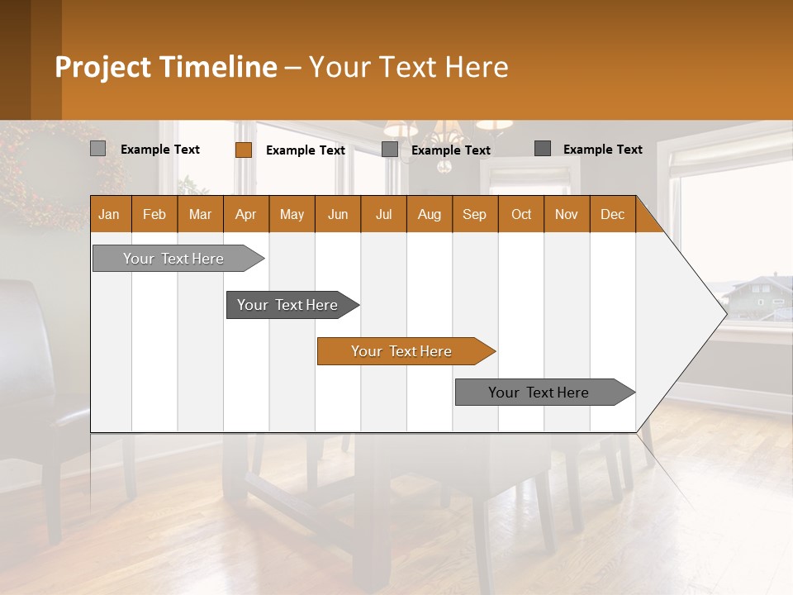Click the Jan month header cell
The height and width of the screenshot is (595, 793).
(x=110, y=214)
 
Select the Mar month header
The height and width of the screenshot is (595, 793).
(x=200, y=214)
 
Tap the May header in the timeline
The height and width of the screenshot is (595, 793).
(x=292, y=214)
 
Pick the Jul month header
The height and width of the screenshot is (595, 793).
(x=383, y=214)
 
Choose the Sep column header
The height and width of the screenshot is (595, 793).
(x=474, y=214)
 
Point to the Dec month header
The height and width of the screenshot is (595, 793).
(x=612, y=214)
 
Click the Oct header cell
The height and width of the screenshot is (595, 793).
(x=520, y=214)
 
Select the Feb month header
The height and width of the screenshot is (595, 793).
(x=154, y=214)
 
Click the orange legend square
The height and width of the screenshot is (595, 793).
(x=243, y=150)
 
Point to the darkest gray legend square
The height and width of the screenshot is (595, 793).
(x=542, y=149)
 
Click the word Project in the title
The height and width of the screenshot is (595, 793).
(x=103, y=67)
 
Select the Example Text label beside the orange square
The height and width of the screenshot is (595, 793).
(x=305, y=150)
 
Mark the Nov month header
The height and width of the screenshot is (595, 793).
(x=567, y=214)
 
